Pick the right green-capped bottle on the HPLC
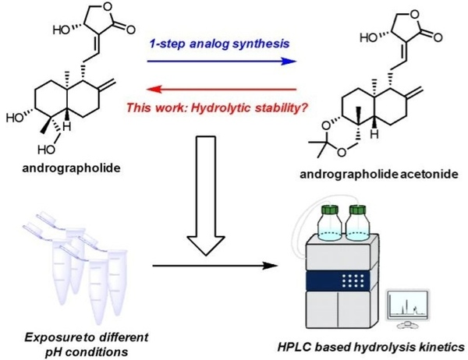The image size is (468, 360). (x=361, y=221)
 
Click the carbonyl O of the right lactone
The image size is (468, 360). (x=446, y=37)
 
